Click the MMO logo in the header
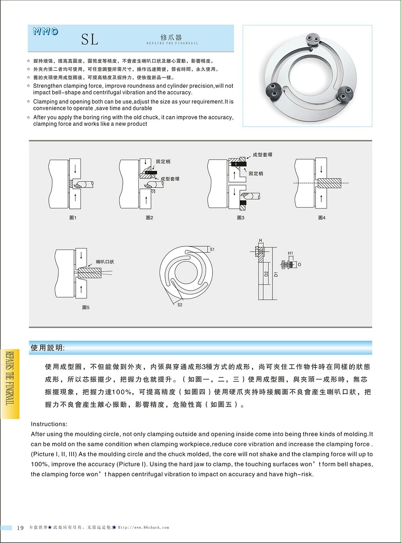45,31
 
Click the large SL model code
90,40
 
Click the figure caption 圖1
73,218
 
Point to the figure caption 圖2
149,218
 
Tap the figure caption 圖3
241,218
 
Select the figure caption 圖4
322,218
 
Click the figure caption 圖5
86,307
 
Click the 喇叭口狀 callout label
105,262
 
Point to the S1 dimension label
212,249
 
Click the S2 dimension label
180,305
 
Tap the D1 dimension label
276,273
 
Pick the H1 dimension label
290,253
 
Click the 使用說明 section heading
47,348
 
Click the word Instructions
49,424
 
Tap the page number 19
20,528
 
